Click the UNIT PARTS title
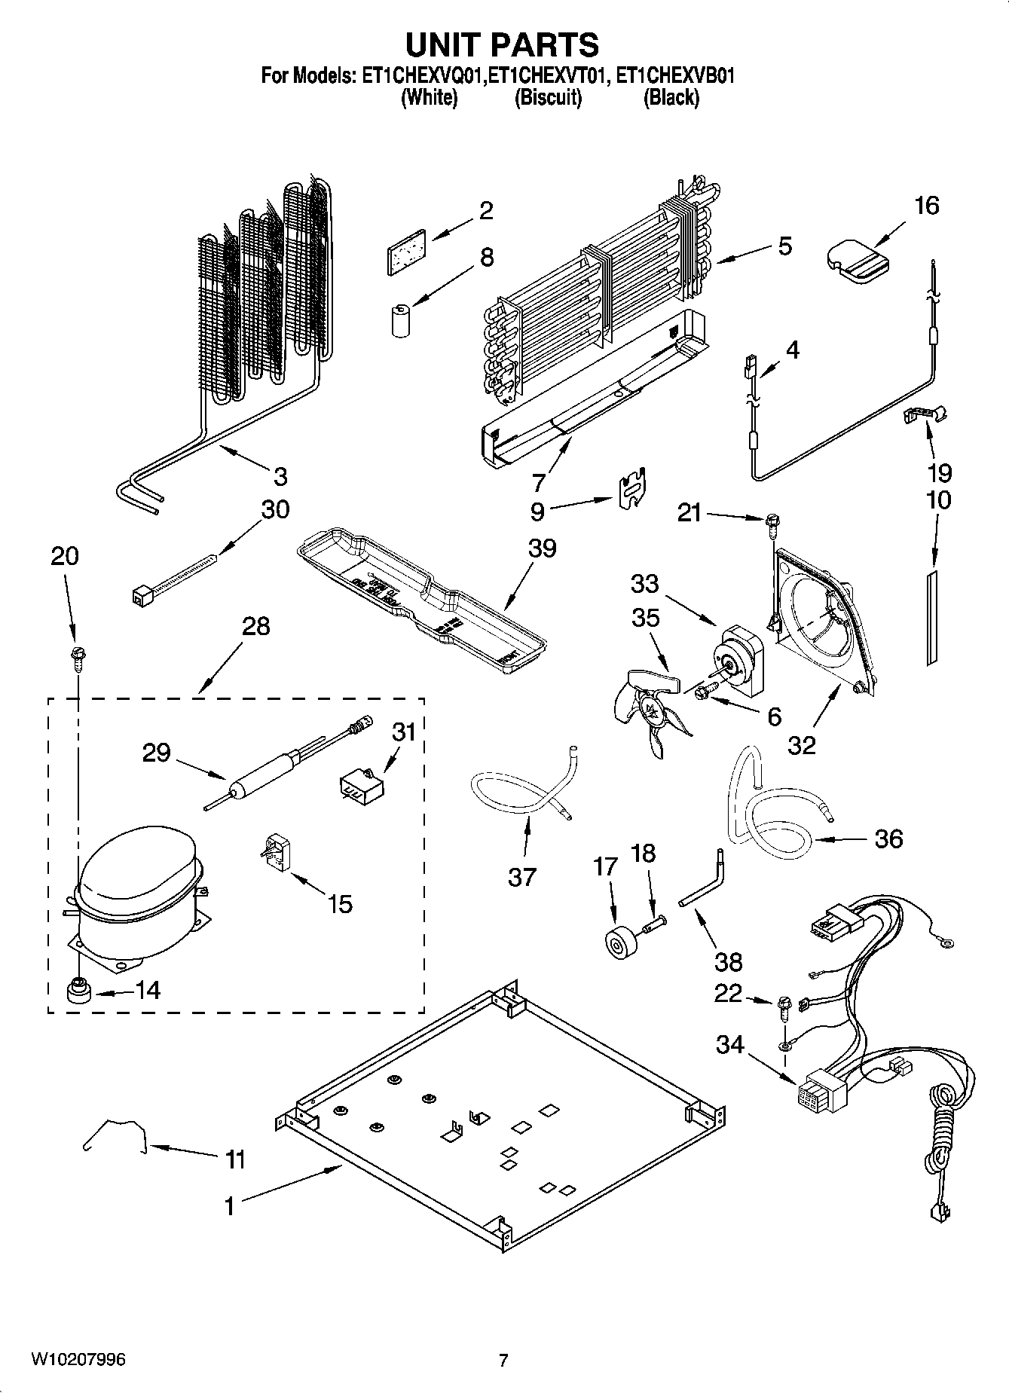point(503,44)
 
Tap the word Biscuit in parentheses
point(548,98)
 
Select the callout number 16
point(926,206)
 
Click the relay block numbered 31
point(359,785)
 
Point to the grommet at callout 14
point(77,991)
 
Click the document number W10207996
point(78,1360)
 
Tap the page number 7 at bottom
point(503,1360)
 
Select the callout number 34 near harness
point(729,1046)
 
